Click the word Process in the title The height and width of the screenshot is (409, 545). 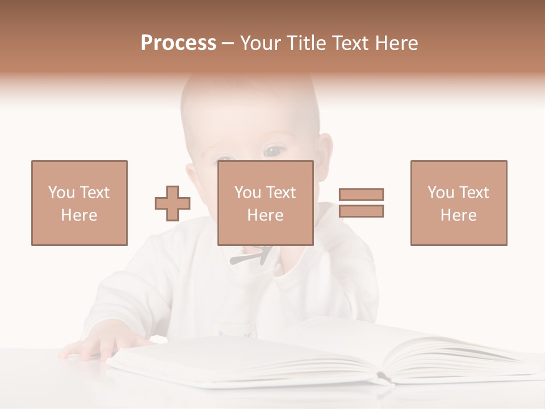point(178,43)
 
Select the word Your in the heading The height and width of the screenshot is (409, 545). point(261,43)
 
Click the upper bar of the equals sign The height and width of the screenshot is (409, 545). point(361,194)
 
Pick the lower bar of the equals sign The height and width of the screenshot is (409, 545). point(361,211)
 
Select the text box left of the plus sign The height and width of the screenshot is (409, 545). point(79,203)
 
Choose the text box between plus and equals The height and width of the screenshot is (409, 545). point(266,203)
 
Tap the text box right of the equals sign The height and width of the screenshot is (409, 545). point(459,203)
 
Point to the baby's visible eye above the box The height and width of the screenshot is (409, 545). point(274,152)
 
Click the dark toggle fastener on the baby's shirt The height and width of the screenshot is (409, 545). point(253,256)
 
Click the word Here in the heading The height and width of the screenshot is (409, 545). point(396,43)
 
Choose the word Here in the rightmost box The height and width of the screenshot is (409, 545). point(459,215)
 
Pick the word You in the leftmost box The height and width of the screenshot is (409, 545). point(61,193)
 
